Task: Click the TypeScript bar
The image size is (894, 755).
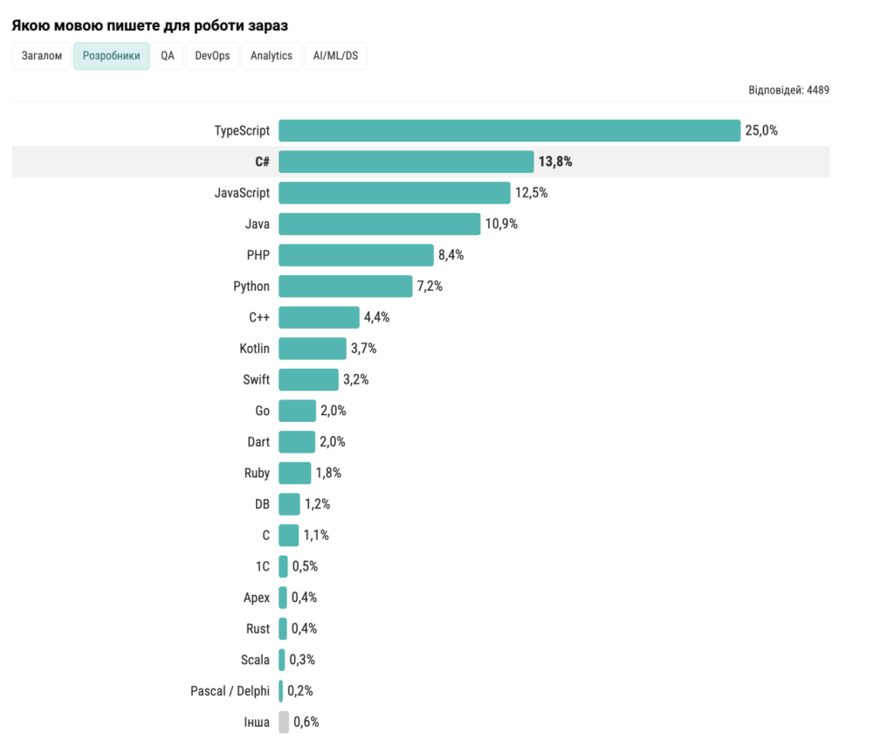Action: (x=509, y=130)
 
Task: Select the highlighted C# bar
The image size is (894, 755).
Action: (x=406, y=162)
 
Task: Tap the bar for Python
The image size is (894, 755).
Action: (x=345, y=286)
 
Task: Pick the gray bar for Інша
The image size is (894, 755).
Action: (x=284, y=722)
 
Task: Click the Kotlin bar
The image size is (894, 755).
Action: (x=312, y=349)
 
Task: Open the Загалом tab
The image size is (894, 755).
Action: (x=42, y=56)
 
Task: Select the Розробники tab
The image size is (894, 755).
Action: (x=112, y=56)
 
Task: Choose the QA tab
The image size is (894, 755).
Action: (x=168, y=56)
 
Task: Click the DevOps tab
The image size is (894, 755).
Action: (x=213, y=56)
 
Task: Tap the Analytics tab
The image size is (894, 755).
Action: (x=272, y=56)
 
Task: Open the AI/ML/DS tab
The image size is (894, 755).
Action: (x=336, y=56)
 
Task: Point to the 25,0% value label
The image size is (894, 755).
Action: (x=761, y=130)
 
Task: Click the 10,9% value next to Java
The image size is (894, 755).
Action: (x=501, y=224)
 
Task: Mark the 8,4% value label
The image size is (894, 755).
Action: (x=450, y=255)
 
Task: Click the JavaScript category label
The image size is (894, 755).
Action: (x=242, y=192)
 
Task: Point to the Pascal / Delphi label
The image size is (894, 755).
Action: (x=230, y=690)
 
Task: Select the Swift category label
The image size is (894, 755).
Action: (x=256, y=379)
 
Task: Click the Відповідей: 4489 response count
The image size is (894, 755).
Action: (x=788, y=90)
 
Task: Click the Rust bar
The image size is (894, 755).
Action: (x=283, y=628)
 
